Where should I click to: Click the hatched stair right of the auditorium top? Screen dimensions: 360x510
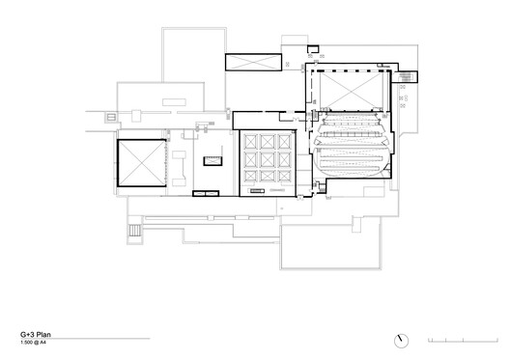(x=407, y=76)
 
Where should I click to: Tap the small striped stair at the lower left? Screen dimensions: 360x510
(x=130, y=232)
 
